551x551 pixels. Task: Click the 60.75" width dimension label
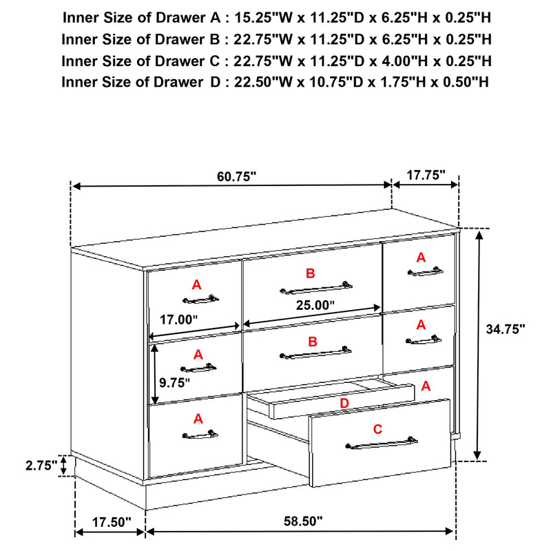(x=236, y=176)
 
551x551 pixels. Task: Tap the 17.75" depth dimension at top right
(x=425, y=175)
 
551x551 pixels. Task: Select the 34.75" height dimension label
(x=505, y=329)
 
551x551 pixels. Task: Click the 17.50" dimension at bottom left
(x=110, y=522)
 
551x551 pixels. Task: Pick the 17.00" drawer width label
(x=178, y=320)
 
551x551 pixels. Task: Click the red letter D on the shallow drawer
(x=344, y=402)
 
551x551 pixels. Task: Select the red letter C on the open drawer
(x=377, y=429)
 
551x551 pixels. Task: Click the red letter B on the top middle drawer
(x=310, y=273)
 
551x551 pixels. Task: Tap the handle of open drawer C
(x=382, y=443)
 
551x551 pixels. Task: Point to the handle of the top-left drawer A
(x=200, y=298)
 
